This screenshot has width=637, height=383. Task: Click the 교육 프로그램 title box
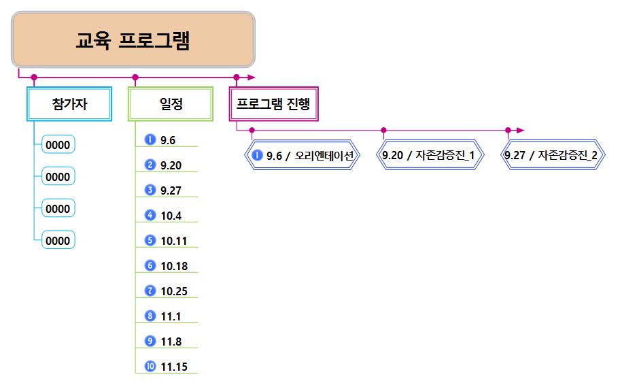(133, 39)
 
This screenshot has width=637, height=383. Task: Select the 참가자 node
(69, 104)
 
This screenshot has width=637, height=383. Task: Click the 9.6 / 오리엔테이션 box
(303, 156)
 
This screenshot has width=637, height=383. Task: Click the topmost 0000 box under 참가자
(58, 145)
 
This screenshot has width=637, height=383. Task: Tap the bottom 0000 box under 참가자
(58, 241)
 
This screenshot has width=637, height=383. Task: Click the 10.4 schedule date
(171, 216)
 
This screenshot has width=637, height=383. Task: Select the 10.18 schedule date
(174, 267)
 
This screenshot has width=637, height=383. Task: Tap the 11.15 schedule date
(174, 367)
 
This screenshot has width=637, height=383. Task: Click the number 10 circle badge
(150, 367)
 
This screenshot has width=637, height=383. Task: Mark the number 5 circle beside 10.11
(150, 240)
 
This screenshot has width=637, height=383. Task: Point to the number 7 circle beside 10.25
(150, 290)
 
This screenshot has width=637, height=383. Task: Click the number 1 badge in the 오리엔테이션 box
(257, 156)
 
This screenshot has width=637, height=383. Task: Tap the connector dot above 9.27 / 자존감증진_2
(508, 129)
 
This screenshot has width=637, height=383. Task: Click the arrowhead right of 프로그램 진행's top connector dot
(252, 77)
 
